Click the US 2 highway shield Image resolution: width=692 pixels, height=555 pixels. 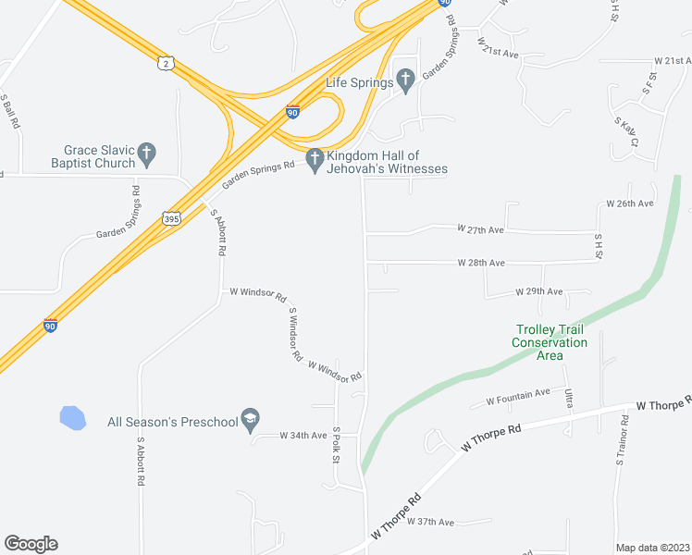tap(165, 62)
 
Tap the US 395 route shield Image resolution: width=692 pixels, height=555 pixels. tap(171, 218)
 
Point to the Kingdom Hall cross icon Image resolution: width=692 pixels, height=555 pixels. tap(315, 160)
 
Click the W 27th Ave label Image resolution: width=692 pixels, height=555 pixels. tap(481, 228)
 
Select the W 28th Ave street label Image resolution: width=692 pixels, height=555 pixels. tap(481, 263)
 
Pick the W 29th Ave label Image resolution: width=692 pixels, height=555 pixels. tap(538, 292)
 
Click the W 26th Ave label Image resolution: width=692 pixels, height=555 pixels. tap(630, 203)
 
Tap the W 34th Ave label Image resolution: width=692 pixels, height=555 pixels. tap(303, 435)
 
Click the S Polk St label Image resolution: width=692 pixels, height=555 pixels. tap(338, 445)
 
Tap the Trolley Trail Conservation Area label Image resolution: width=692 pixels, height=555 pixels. tap(550, 342)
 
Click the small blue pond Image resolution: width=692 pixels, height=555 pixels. tap(72, 418)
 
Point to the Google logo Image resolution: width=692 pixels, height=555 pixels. tap(31, 544)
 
